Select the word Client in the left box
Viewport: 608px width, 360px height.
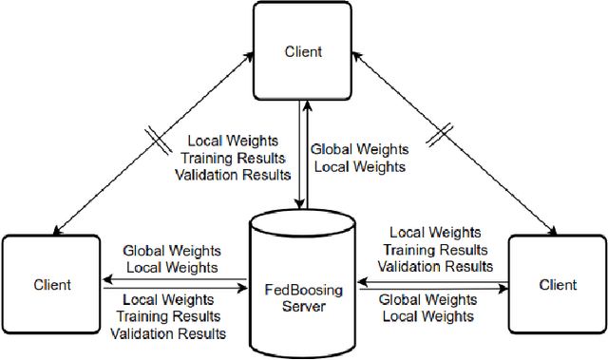tap(51, 284)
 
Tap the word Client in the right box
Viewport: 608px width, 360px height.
tap(558, 284)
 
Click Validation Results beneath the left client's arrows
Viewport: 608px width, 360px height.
tap(168, 333)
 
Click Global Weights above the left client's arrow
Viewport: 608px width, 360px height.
tap(172, 251)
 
